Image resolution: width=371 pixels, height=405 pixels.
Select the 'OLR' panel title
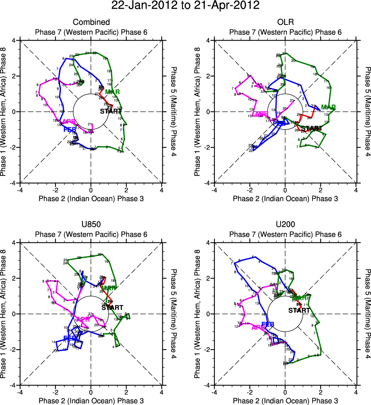[x=285, y=23]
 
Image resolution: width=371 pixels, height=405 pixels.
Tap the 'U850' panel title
[x=91, y=225]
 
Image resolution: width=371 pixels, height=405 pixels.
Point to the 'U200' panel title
[x=285, y=225]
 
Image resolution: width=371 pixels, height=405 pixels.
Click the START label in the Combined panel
[x=111, y=112]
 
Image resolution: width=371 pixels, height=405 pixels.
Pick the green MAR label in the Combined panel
[x=112, y=92]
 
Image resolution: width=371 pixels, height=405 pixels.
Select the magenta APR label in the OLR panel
[x=261, y=114]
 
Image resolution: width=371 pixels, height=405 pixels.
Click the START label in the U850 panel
[x=112, y=307]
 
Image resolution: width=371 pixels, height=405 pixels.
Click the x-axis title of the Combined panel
[x=91, y=198]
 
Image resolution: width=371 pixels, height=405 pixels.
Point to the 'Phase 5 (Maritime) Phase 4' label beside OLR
[x=366, y=112]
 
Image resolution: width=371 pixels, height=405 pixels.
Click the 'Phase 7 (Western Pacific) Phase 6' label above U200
[x=285, y=234]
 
